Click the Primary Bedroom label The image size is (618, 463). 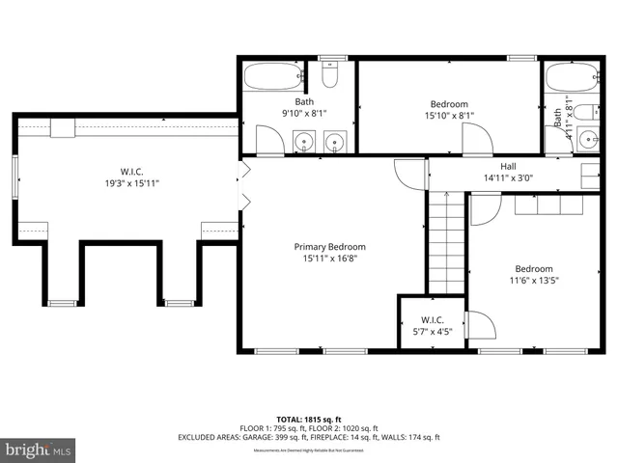coord(329,247)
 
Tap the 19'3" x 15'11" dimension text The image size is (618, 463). coord(132,182)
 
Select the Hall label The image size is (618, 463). coord(508,165)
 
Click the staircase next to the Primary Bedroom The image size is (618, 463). coord(446,241)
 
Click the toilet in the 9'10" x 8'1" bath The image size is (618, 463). coord(329,74)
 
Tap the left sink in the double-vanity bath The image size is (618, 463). coord(304,142)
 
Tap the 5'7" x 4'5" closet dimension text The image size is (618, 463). coord(431,332)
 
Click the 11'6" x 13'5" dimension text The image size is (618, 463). coord(533,282)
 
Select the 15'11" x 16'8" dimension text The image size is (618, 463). coord(329,259)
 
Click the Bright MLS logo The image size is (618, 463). coord(39,449)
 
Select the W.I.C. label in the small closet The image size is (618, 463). coord(431,319)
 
